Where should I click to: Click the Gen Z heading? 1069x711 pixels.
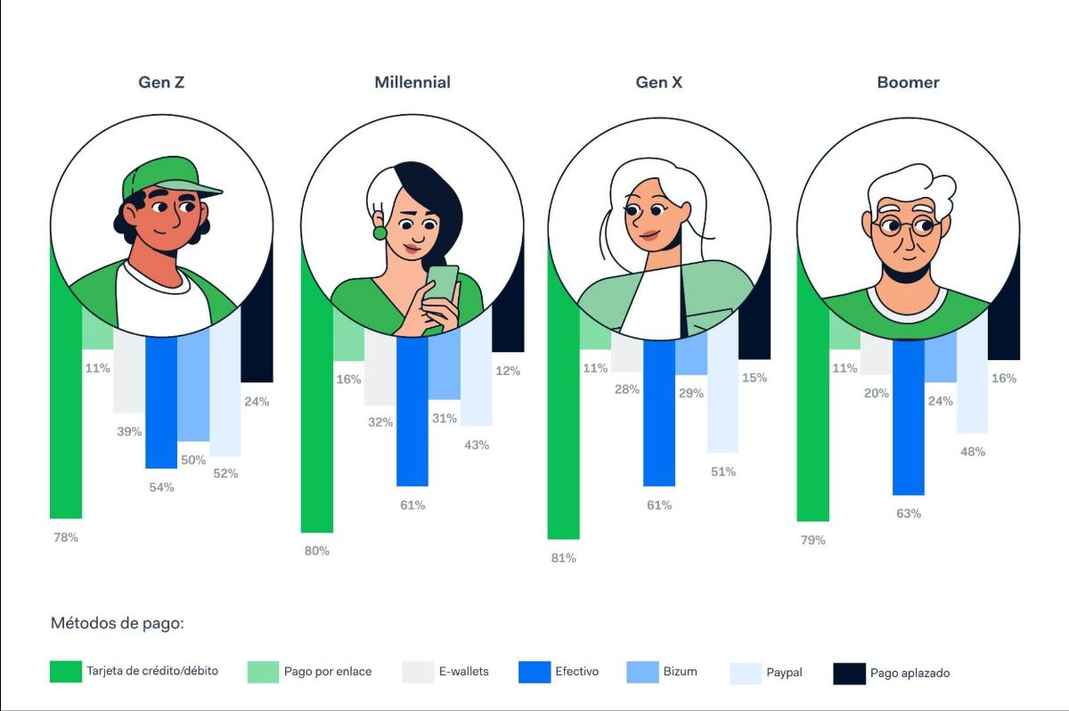(x=161, y=83)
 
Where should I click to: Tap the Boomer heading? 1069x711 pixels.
(x=908, y=83)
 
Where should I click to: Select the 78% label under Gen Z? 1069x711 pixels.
(x=65, y=537)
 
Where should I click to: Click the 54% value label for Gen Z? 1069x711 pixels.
(x=161, y=487)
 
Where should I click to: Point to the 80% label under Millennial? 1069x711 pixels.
(x=316, y=551)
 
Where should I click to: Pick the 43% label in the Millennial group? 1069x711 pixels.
(x=477, y=445)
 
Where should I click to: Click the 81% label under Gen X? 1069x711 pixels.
(x=563, y=558)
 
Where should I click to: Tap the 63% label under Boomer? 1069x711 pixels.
(x=908, y=514)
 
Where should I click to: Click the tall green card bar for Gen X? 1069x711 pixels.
(x=563, y=445)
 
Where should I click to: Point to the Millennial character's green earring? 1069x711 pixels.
(x=379, y=233)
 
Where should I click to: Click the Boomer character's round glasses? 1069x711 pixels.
(x=907, y=227)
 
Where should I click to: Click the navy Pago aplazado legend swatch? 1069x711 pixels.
(x=849, y=674)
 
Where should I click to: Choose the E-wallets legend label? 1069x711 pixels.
(x=463, y=672)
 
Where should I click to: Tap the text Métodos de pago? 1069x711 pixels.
(x=117, y=624)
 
